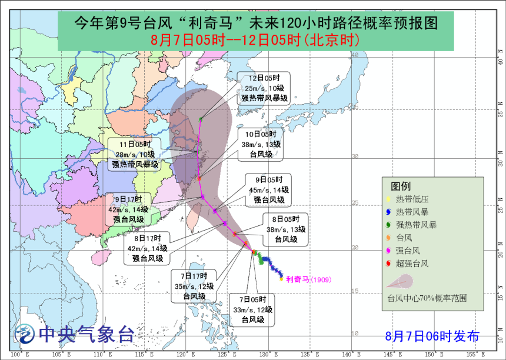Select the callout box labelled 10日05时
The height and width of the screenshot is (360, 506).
(x=261, y=144)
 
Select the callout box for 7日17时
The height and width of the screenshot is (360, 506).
(x=194, y=286)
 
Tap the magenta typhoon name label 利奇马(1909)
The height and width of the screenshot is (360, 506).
(x=308, y=279)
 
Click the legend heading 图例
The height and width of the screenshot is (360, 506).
(x=401, y=185)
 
